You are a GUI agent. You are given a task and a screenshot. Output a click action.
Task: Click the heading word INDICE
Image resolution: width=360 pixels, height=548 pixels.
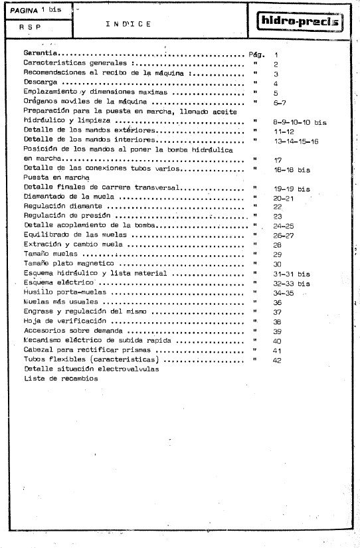[128, 24]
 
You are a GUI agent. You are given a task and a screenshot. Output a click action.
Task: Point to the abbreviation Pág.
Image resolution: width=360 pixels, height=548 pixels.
[256, 54]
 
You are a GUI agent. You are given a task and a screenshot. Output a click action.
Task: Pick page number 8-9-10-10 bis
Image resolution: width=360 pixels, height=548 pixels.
[300, 123]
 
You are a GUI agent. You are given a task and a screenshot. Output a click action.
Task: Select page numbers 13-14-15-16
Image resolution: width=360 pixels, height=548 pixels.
[296, 141]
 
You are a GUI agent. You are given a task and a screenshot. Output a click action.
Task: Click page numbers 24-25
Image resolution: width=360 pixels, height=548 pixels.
[283, 227]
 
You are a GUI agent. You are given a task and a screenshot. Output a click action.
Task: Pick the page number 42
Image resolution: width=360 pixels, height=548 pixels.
[277, 360]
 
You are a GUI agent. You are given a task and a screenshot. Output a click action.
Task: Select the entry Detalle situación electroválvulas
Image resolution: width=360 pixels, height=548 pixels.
[91, 369]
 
